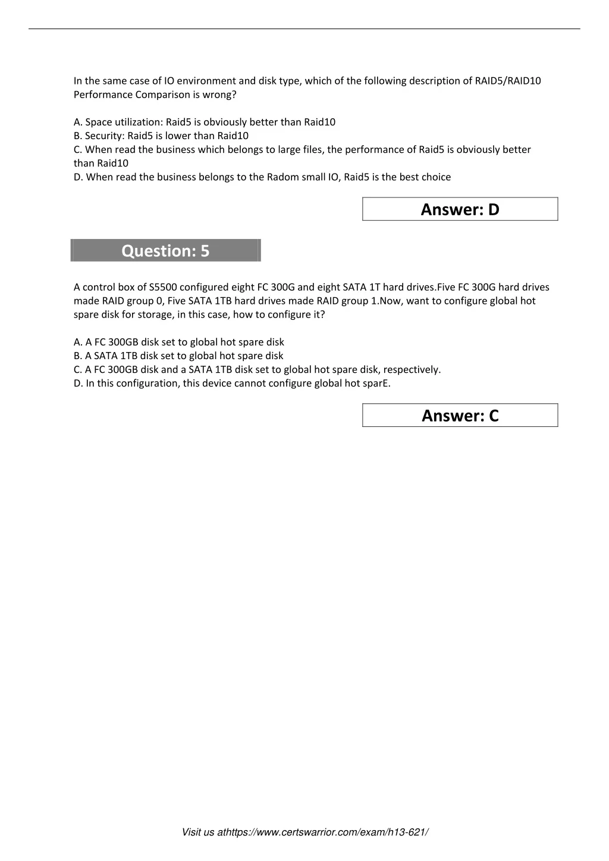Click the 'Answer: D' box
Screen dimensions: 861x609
click(x=460, y=209)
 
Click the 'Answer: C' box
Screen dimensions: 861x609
click(x=460, y=416)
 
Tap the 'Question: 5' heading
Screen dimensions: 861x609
click(x=165, y=251)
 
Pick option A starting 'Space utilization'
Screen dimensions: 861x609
click(x=205, y=122)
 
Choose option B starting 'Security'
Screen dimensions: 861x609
click(x=161, y=136)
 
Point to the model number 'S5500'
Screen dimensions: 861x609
click(x=163, y=287)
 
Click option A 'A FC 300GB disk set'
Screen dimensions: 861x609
click(x=179, y=342)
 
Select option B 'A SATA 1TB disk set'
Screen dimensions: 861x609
click(x=178, y=356)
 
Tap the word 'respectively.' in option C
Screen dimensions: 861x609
click(x=412, y=369)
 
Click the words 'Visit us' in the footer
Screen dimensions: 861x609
click(x=198, y=832)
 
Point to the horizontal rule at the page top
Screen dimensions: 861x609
click(x=304, y=29)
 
